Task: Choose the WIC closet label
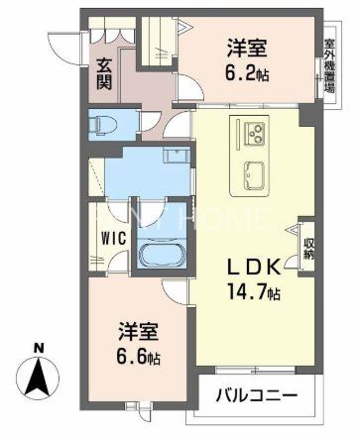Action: (x=111, y=238)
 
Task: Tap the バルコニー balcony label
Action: (x=255, y=395)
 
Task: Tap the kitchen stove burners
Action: (x=251, y=132)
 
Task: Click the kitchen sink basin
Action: (x=251, y=168)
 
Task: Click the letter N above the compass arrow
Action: (x=39, y=348)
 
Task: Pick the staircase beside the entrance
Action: (x=153, y=44)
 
